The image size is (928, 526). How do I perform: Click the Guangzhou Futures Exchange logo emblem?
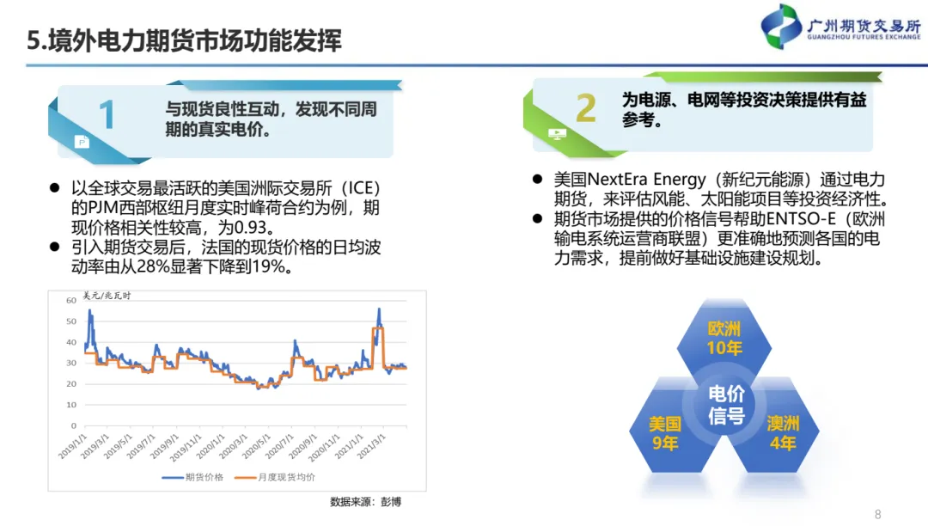pyautogui.click(x=781, y=26)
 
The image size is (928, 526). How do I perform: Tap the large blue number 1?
pyautogui.click(x=107, y=114)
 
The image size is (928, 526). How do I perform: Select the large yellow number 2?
pyautogui.click(x=586, y=108)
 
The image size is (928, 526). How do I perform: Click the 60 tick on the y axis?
pyautogui.click(x=71, y=301)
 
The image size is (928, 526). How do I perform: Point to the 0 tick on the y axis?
pyautogui.click(x=74, y=425)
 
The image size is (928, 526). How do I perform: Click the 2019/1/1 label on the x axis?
pyautogui.click(x=72, y=446)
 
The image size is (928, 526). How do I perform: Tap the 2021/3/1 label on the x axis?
pyautogui.click(x=372, y=446)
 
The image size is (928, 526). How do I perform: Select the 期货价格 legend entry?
pyautogui.click(x=193, y=478)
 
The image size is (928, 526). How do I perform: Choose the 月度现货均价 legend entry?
pyautogui.click(x=275, y=478)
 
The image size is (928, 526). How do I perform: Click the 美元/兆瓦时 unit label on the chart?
pyautogui.click(x=107, y=296)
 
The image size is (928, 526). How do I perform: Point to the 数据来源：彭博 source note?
pyautogui.click(x=366, y=502)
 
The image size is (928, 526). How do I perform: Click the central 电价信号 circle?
pyautogui.click(x=726, y=405)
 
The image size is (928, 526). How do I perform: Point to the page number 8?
pyautogui.click(x=877, y=515)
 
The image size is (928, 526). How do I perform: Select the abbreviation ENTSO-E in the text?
pyautogui.click(x=802, y=219)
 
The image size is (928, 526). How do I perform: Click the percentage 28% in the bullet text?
pyautogui.click(x=153, y=266)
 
